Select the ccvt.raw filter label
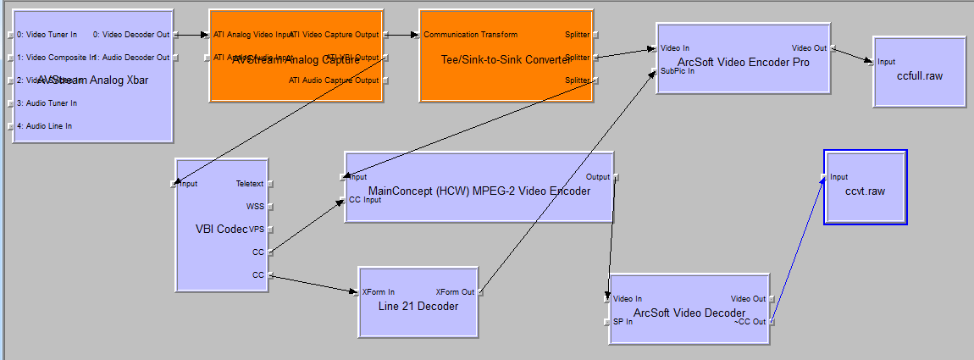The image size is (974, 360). (864, 191)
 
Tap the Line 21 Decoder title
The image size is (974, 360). (418, 306)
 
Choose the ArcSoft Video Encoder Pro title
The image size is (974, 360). (743, 62)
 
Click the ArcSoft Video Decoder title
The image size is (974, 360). (689, 313)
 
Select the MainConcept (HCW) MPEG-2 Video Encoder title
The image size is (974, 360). (479, 191)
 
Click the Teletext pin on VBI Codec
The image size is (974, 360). (250, 183)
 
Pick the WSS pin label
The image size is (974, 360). (255, 206)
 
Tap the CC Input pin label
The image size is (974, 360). (365, 200)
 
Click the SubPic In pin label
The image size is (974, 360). (678, 71)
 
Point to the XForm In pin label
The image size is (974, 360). (378, 292)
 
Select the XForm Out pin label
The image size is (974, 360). (455, 292)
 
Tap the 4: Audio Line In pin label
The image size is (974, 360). (45, 126)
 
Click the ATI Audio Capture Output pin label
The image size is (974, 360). (334, 80)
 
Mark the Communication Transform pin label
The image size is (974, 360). (470, 35)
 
